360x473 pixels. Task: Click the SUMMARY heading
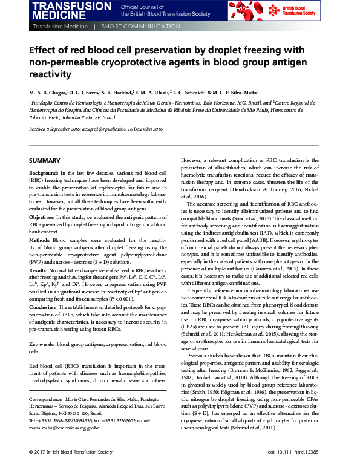tap(45, 160)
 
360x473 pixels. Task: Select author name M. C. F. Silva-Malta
tap(235, 93)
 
